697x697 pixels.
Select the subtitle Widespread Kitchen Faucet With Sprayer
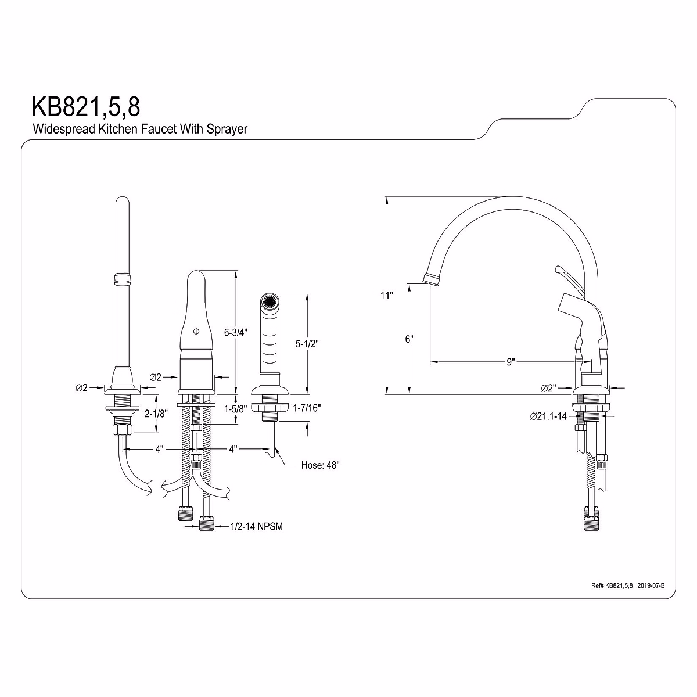[139, 129]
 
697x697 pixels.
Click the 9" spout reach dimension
[510, 362]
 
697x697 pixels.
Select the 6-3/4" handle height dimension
[236, 332]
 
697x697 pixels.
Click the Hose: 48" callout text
[321, 465]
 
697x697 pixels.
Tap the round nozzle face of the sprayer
[268, 302]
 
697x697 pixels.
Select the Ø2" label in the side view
[549, 387]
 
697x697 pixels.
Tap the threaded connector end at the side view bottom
[591, 518]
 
